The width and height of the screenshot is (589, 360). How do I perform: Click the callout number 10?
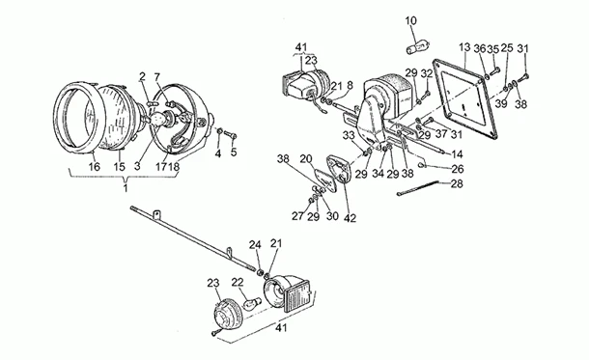(x=411, y=21)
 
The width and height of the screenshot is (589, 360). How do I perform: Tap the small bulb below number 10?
(x=418, y=48)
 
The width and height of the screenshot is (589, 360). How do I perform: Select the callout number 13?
(x=464, y=47)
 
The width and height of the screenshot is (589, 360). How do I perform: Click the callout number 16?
(x=94, y=166)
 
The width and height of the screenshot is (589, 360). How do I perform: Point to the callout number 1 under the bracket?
(x=126, y=187)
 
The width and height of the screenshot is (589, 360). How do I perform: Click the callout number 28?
(x=457, y=184)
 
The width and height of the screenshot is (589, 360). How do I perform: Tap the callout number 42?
(x=350, y=218)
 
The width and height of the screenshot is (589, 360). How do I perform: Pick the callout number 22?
(x=238, y=282)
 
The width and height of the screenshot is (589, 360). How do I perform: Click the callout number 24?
(x=255, y=245)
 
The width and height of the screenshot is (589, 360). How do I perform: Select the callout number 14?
(x=457, y=154)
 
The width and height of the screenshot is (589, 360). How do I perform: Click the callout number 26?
(x=457, y=169)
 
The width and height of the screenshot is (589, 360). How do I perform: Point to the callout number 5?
(x=234, y=152)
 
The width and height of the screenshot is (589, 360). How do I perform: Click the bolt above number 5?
(x=230, y=134)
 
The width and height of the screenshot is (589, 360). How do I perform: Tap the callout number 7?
(x=157, y=77)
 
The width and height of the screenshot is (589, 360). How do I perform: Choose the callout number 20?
(x=306, y=159)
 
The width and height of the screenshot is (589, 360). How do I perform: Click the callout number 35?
(x=492, y=49)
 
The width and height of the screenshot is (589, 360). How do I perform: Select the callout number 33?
(x=349, y=135)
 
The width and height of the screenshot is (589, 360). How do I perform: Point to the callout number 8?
(x=351, y=86)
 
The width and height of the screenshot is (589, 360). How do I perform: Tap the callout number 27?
(x=297, y=216)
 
